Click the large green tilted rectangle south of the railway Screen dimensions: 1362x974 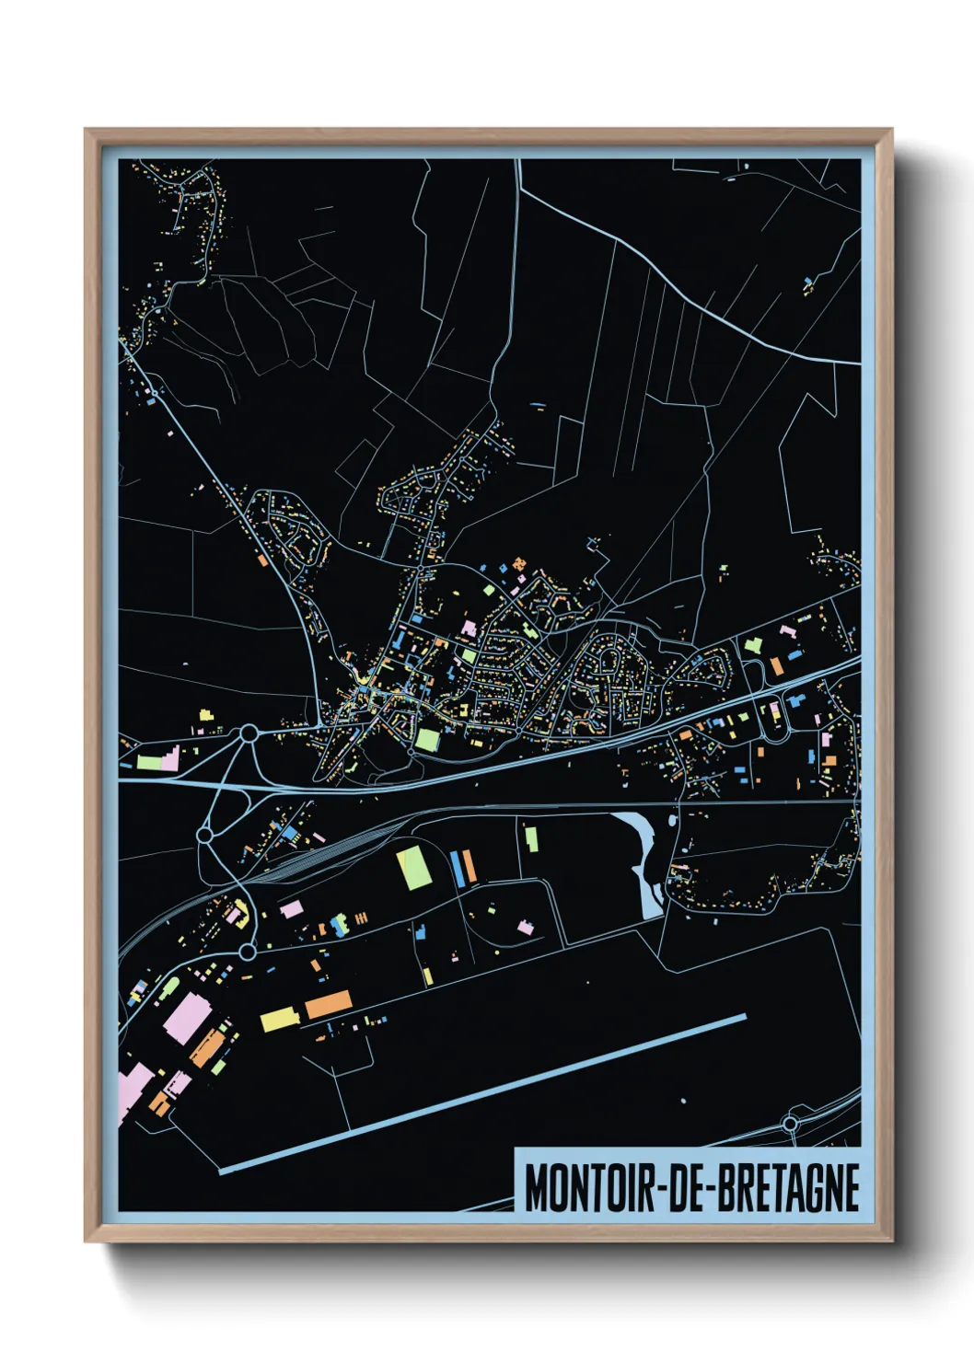click(414, 869)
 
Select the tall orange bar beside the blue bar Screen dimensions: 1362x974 click(468, 867)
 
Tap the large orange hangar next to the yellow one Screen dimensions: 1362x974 click(329, 1004)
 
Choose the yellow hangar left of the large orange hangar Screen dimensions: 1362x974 click(279, 1019)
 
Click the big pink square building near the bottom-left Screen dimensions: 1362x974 click(189, 1018)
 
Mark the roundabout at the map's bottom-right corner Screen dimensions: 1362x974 click(790, 1124)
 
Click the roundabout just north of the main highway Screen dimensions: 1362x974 click(248, 733)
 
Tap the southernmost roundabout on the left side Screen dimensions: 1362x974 click(247, 952)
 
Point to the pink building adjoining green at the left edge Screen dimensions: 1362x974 click(169, 759)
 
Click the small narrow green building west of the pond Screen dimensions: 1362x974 click(531, 838)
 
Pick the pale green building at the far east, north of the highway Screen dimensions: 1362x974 click(753, 645)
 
